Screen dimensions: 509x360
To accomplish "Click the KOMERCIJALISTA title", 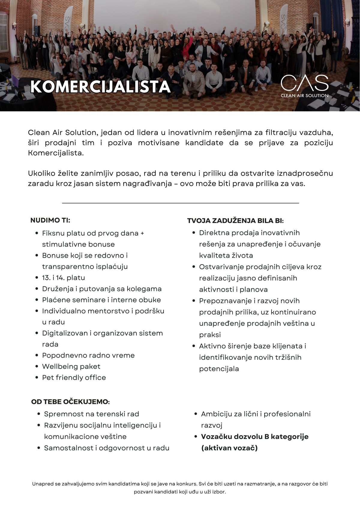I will [x=100, y=87].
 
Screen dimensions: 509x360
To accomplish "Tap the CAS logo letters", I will [x=304, y=83].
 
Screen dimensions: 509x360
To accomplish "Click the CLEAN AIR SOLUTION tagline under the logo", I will [x=304, y=96].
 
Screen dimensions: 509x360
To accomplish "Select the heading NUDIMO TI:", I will [x=50, y=220].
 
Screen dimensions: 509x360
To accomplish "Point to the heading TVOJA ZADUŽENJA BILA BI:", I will [x=235, y=221].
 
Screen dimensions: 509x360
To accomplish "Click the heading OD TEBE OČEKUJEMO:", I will [x=70, y=402].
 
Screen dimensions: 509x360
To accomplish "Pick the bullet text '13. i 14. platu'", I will [x=63, y=278].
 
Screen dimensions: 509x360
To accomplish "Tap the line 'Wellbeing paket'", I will [x=71, y=367].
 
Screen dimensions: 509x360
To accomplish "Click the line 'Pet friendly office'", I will [x=74, y=378].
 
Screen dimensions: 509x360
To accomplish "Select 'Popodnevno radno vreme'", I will [x=88, y=355].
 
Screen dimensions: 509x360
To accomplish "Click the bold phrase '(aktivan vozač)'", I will [x=229, y=448].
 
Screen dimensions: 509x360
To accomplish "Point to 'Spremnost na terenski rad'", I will [x=91, y=414].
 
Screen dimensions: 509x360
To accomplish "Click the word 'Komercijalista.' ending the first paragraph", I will [x=56, y=153].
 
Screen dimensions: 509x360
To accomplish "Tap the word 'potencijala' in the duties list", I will [x=219, y=369].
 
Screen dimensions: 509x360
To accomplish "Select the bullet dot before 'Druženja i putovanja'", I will [x=37, y=289].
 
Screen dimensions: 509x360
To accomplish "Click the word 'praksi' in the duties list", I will [x=210, y=335].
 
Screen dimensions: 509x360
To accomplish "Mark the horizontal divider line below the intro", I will [x=180, y=203].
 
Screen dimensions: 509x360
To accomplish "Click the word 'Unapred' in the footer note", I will [x=42, y=484].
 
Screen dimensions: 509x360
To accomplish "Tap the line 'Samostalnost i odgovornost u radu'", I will [x=106, y=448].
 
